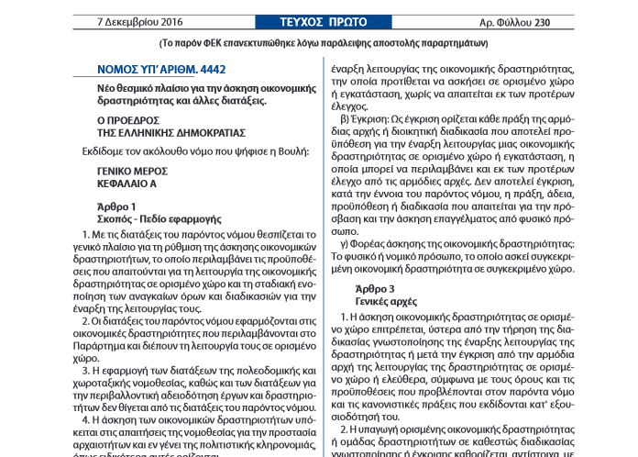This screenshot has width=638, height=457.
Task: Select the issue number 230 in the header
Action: click(x=568, y=22)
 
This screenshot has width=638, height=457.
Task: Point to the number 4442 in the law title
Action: click(x=209, y=70)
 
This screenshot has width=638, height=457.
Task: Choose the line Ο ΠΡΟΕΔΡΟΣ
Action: click(x=128, y=119)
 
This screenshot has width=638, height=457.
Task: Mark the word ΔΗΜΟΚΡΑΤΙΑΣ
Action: click(x=195, y=132)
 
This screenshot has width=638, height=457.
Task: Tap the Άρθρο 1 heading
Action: click(x=116, y=206)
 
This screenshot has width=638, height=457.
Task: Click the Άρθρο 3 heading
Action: click(x=375, y=288)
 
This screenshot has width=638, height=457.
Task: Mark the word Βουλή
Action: click(x=292, y=150)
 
